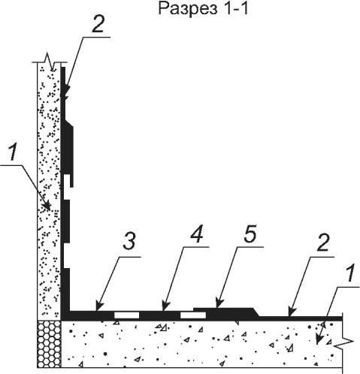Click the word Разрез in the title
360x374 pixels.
coord(185,10)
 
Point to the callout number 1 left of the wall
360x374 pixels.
coord(13,152)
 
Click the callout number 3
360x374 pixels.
coord(130,242)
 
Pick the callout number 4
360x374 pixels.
coord(196,234)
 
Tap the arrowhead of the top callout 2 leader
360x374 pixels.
coord(66,92)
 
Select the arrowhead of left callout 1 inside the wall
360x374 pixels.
coord(47,207)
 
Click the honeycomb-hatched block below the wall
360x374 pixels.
coord(49,344)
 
